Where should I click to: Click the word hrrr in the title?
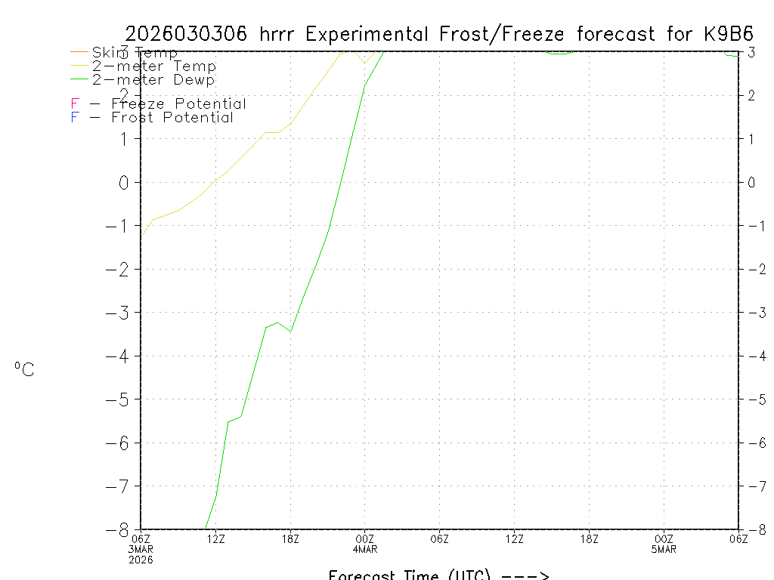pyautogui.click(x=280, y=34)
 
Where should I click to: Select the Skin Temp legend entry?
pyautogui.click(x=135, y=53)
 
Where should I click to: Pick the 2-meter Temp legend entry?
pyautogui.click(x=153, y=66)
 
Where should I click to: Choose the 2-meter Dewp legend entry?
pyautogui.click(x=153, y=79)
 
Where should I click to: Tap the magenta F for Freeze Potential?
pyautogui.click(x=75, y=104)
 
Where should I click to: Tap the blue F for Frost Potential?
pyautogui.click(x=75, y=118)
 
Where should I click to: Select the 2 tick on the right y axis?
pyautogui.click(x=751, y=95)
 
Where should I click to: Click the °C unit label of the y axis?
pyautogui.click(x=24, y=370)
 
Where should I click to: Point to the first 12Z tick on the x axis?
pyautogui.click(x=216, y=538)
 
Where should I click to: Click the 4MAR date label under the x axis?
pyautogui.click(x=365, y=548)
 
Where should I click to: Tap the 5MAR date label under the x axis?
pyautogui.click(x=664, y=548)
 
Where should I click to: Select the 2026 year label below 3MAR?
pyautogui.click(x=141, y=559)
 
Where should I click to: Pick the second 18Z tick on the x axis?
pyautogui.click(x=590, y=538)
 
